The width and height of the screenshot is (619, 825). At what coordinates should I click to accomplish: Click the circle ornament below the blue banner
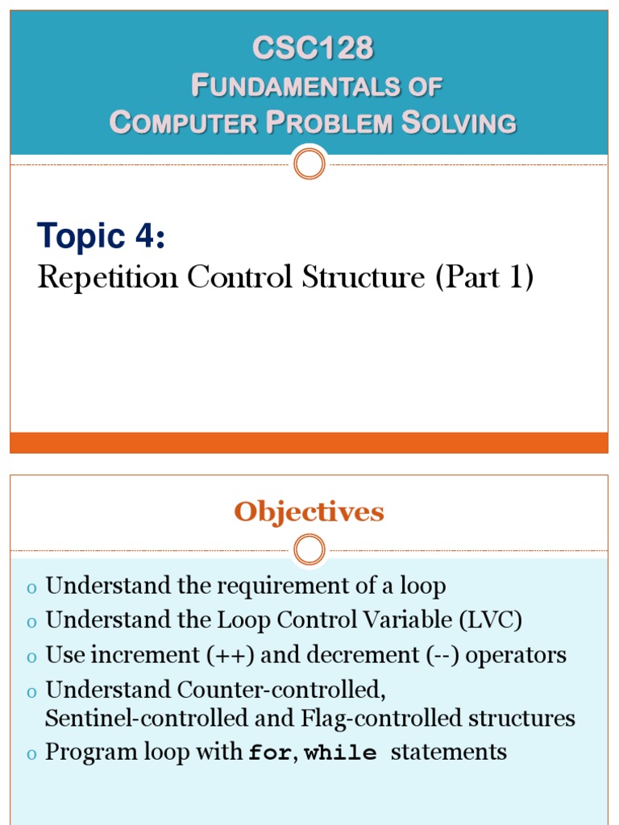[309, 164]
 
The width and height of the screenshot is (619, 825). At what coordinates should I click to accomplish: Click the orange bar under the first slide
[309, 442]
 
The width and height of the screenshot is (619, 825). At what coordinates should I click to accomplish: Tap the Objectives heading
[309, 512]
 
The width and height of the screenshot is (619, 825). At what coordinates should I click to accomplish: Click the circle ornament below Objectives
[309, 551]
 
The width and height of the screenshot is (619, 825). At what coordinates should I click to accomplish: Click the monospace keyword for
[269, 753]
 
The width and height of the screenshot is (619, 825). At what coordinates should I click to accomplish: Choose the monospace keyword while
[341, 753]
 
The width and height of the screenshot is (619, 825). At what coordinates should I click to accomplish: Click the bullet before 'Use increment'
[31, 657]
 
